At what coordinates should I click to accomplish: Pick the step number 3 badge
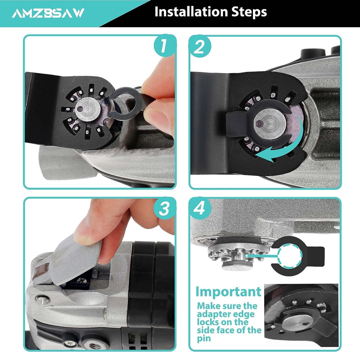click(164, 209)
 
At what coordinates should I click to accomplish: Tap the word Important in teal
click(228, 292)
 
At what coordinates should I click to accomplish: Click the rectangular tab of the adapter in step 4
click(316, 255)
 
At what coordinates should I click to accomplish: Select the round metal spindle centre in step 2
click(270, 122)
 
